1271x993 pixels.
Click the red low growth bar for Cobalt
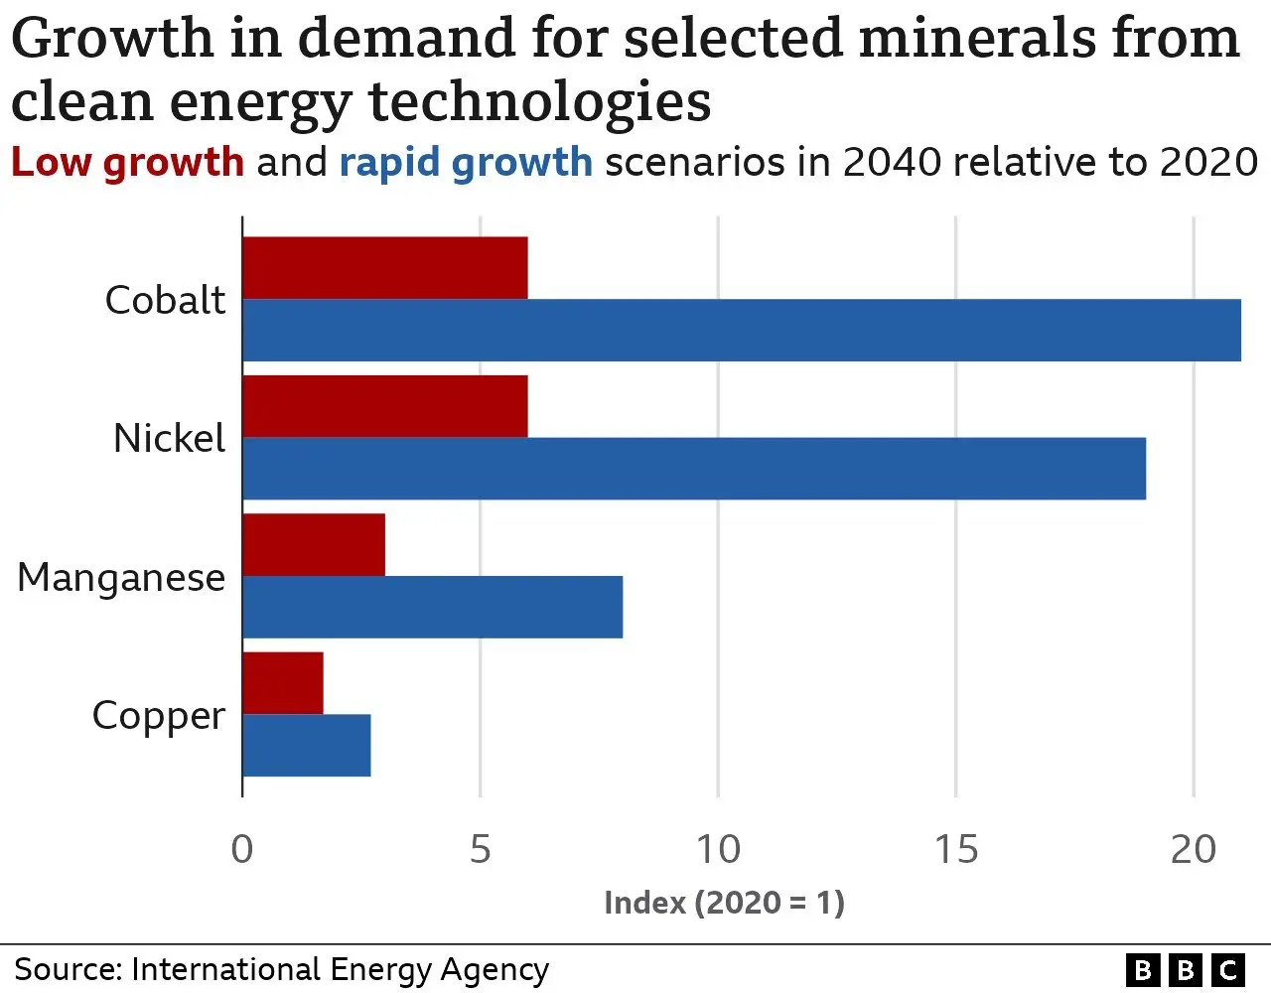(385, 268)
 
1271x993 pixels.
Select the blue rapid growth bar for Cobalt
(742, 330)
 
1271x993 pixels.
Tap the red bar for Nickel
(385, 406)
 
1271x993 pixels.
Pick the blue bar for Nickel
(694, 468)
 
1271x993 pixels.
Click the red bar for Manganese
(314, 545)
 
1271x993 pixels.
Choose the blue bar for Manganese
(433, 607)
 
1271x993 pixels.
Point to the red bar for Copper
(283, 683)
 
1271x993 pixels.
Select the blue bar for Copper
(307, 745)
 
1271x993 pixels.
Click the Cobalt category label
(165, 300)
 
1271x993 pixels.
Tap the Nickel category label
(169, 438)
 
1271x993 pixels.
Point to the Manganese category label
(121, 577)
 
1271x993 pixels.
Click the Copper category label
(158, 716)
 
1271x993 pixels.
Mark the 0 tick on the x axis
(242, 850)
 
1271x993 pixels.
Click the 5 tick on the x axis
(481, 850)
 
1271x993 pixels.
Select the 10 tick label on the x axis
(717, 850)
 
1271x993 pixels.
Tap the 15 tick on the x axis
(955, 850)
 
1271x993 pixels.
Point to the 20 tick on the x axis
(1193, 850)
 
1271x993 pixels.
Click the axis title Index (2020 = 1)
(724, 903)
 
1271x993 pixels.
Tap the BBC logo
(1185, 969)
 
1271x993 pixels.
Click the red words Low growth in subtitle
(127, 162)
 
